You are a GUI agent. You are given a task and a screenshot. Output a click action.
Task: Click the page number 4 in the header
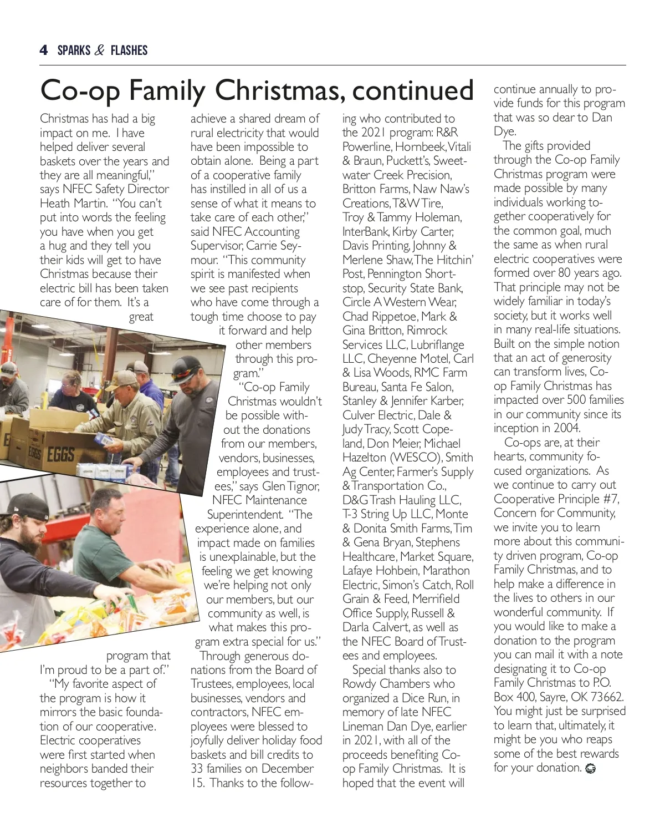point(44,50)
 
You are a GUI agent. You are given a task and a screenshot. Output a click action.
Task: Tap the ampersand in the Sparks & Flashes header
point(100,50)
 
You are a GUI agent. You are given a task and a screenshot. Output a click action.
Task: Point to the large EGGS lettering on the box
point(61,455)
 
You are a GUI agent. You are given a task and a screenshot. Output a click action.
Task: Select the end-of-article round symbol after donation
point(591,769)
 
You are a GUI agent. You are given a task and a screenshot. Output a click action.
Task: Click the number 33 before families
point(198,769)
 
